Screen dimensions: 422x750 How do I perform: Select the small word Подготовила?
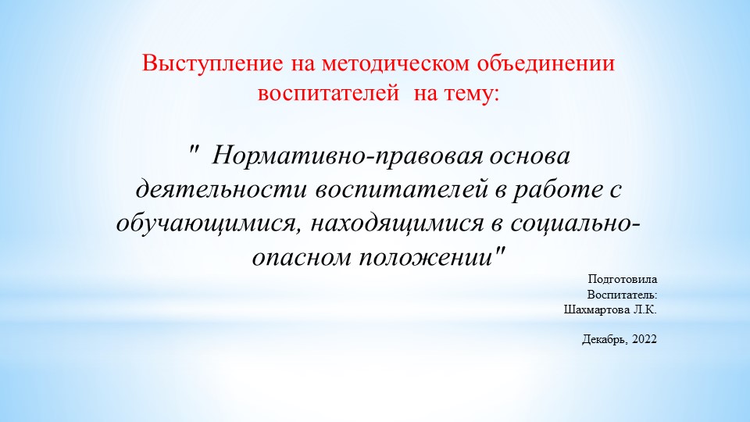click(x=623, y=279)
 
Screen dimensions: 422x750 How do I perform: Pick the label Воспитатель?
click(x=622, y=295)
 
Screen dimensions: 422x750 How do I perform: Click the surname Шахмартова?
click(x=594, y=309)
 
